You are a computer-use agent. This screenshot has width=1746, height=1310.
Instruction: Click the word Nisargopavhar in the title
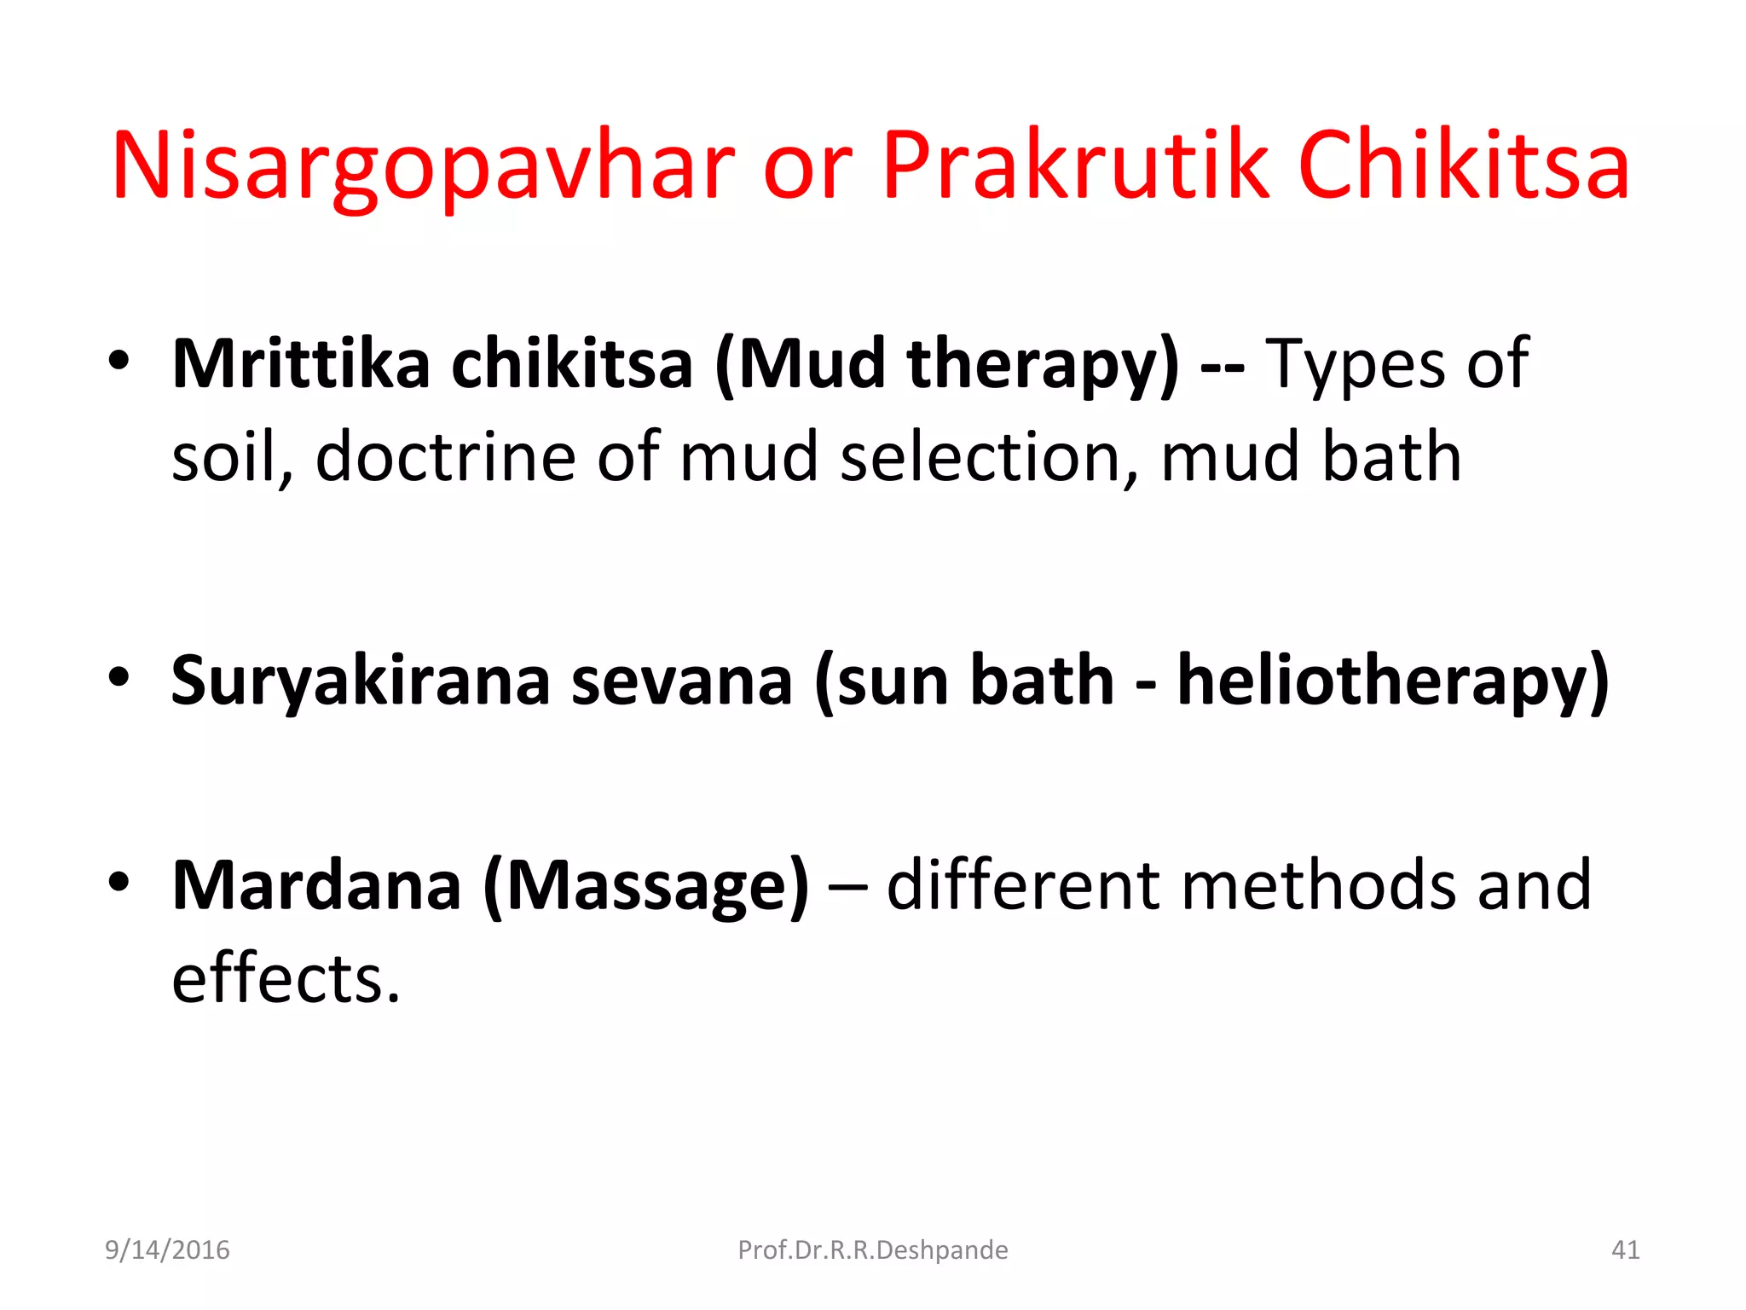click(x=423, y=166)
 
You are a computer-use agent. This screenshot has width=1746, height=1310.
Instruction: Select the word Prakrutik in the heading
click(x=1076, y=166)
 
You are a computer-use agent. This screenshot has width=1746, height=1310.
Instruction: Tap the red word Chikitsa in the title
click(x=1463, y=166)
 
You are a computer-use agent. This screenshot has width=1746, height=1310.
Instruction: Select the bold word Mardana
click(x=316, y=885)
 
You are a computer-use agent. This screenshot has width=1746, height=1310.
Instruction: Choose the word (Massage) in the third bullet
click(x=645, y=887)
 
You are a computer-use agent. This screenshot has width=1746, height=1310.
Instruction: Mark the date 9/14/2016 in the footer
click(x=167, y=1250)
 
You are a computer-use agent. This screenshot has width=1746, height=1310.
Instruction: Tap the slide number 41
click(x=1625, y=1250)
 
